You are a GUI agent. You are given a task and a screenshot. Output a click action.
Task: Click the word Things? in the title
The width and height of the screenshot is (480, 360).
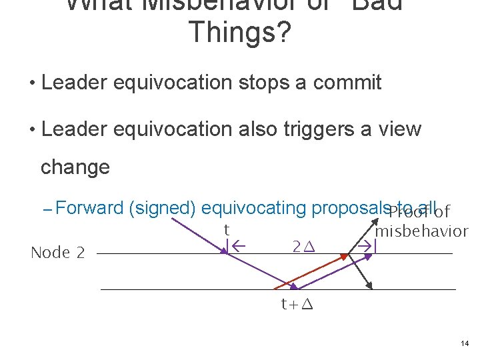240,32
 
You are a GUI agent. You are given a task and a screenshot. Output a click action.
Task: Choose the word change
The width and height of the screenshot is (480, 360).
75,167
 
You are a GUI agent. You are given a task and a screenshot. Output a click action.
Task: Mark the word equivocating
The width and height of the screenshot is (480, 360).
253,209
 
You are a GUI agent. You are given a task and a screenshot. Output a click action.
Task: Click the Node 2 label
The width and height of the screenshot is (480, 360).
58,253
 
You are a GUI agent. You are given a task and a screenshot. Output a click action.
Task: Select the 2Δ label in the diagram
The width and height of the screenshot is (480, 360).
304,247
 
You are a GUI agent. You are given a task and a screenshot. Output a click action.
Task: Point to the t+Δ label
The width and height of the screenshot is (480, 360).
297,306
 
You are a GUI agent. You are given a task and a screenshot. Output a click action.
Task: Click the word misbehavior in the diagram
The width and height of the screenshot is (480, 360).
422,231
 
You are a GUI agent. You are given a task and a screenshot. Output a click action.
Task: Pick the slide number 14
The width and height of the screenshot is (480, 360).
465,343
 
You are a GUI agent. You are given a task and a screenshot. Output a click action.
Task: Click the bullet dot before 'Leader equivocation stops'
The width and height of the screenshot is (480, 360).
31,83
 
